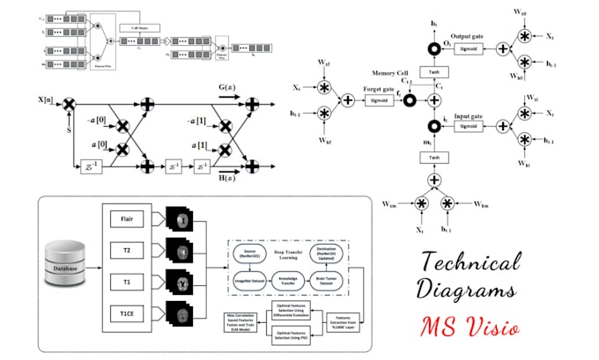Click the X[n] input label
pos(47,103)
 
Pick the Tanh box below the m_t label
pos(433,158)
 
